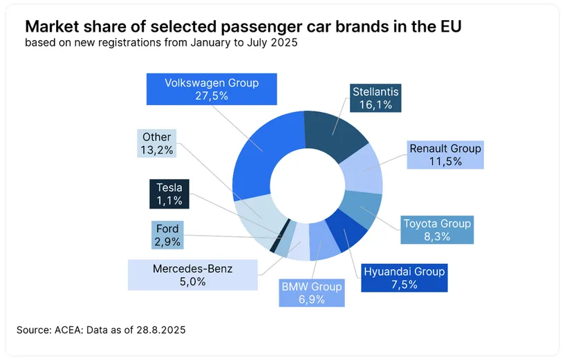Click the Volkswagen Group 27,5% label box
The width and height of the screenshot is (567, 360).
[x=212, y=89]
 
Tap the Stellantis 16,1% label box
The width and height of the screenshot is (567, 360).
[x=375, y=98]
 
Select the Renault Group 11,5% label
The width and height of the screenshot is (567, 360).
[x=445, y=155]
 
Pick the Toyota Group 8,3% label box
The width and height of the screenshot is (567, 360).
[x=437, y=230]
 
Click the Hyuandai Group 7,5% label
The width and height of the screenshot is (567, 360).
[x=405, y=278]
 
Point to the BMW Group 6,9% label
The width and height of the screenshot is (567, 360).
[x=311, y=293]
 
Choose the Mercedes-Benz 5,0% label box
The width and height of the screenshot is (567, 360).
[x=192, y=274]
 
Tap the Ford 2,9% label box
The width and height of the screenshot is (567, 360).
[x=167, y=236]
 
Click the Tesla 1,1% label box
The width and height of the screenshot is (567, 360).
[x=169, y=194]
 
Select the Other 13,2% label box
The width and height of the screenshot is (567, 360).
[x=156, y=143]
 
